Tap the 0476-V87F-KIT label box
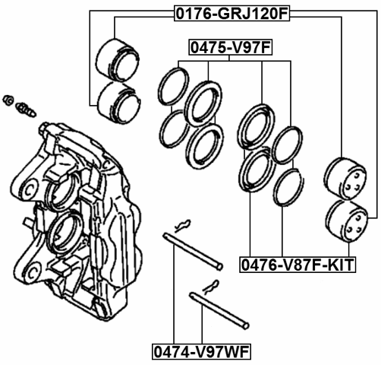point(298,265)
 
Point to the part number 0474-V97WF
point(201,352)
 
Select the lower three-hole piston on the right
point(344,221)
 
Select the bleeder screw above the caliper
point(24,106)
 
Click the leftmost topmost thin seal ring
point(174,86)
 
